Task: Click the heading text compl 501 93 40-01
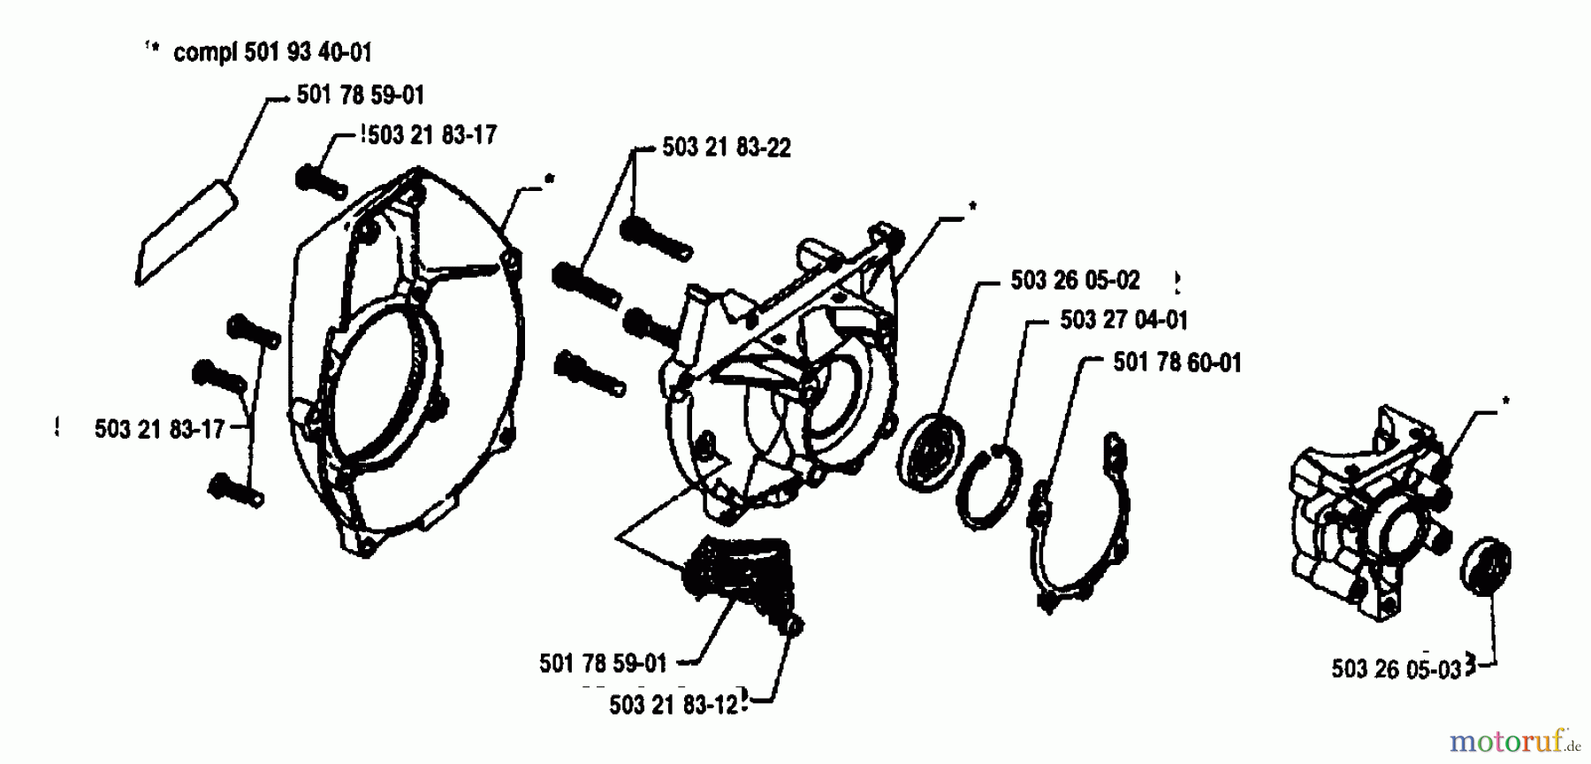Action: pyautogui.click(x=272, y=52)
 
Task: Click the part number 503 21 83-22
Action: pyautogui.click(x=726, y=148)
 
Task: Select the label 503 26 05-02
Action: pyautogui.click(x=1075, y=280)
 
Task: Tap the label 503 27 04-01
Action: pyautogui.click(x=1123, y=319)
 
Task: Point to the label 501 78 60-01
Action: pyautogui.click(x=1176, y=362)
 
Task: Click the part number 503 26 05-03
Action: pyautogui.click(x=1397, y=668)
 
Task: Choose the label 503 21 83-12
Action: pyautogui.click(x=674, y=705)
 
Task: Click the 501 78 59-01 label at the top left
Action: pyautogui.click(x=361, y=95)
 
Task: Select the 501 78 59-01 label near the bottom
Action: pyautogui.click(x=603, y=663)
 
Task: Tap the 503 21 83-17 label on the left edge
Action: pyautogui.click(x=159, y=430)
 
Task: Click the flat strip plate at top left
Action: pyautogui.click(x=187, y=232)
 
